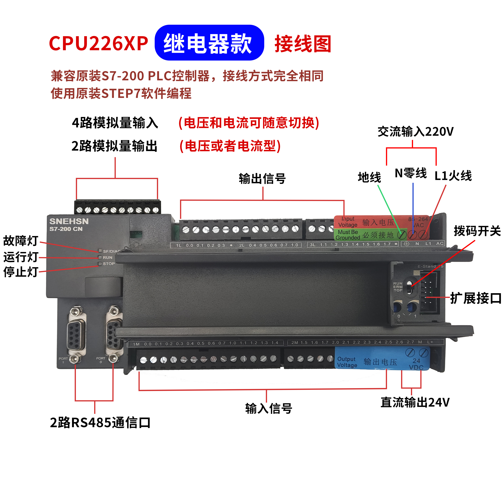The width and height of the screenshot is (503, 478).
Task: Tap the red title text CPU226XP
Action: (98, 43)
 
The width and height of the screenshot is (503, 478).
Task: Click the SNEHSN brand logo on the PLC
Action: (69, 221)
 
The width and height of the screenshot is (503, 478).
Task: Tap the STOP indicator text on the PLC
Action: (108, 264)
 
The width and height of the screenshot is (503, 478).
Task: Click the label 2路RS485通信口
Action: (100, 422)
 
